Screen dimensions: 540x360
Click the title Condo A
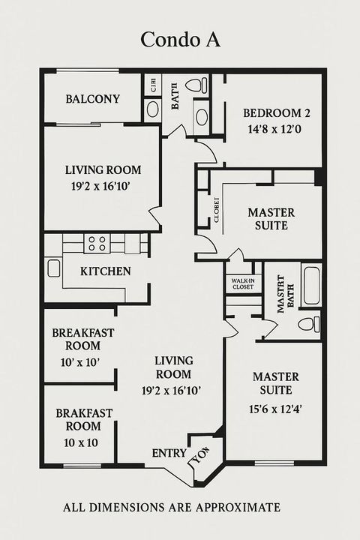(x=180, y=40)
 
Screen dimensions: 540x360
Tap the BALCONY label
(x=92, y=99)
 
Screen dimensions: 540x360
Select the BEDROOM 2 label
(x=276, y=114)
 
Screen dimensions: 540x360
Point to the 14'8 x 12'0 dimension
(x=276, y=129)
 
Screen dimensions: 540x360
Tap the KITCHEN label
(x=106, y=271)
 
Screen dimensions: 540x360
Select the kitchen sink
(x=53, y=267)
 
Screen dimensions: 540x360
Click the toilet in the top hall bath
(x=196, y=85)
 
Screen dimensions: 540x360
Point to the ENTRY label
(x=169, y=453)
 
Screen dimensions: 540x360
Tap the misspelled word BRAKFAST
(x=84, y=413)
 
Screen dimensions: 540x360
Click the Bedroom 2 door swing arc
(x=208, y=152)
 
